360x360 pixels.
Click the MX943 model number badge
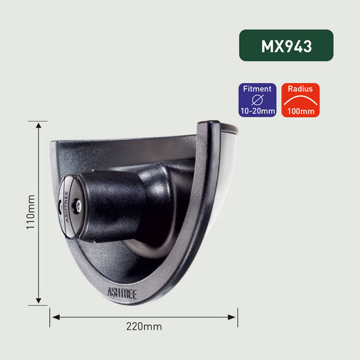tap(286, 45)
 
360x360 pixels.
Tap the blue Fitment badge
tap(257, 100)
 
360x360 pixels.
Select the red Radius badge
tap(301, 100)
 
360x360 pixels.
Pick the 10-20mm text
tap(257, 111)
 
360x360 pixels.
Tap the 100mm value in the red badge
tap(301, 111)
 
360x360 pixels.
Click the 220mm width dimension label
tap(144, 326)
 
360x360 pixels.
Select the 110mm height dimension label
tap(30, 213)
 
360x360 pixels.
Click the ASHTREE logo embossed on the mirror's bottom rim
tap(122, 292)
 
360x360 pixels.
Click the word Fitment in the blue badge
tap(257, 88)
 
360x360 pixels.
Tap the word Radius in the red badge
tap(301, 88)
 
